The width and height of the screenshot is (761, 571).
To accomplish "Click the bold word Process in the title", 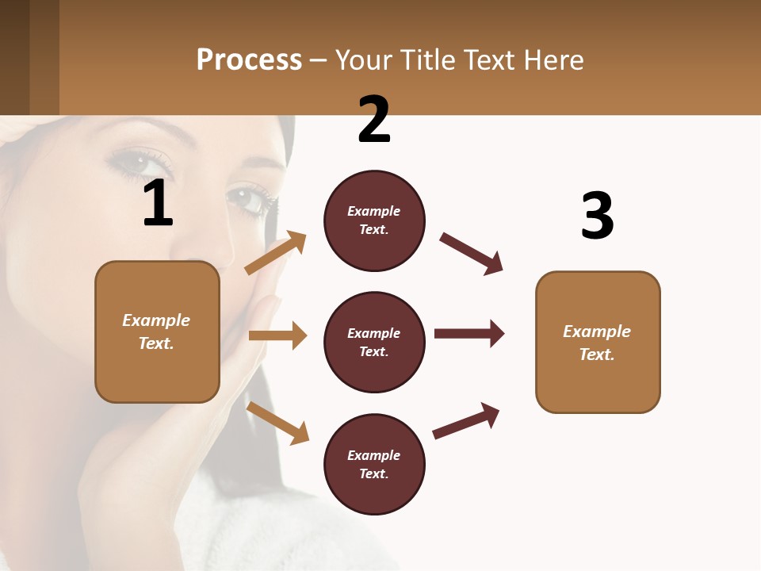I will (249, 59).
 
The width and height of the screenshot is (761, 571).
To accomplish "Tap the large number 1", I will (158, 203).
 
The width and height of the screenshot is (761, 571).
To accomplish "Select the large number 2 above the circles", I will (374, 120).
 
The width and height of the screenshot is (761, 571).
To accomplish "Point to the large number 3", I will (597, 216).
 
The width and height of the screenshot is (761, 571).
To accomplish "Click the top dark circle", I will (374, 220).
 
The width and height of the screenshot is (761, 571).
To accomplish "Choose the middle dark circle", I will (374, 342).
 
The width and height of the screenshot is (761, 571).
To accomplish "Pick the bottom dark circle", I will (374, 464).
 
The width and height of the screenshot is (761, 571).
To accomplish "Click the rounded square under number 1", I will (157, 331).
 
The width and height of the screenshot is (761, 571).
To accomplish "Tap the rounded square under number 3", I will (598, 342).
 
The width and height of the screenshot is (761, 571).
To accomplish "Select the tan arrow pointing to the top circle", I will (275, 253).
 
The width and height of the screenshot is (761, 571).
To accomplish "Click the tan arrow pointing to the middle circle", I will (277, 335).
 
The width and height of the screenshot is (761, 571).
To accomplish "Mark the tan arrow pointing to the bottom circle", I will (277, 423).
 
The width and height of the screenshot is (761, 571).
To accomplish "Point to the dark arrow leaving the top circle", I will (472, 254).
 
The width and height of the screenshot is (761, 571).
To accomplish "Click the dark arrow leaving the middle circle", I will (469, 333).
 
